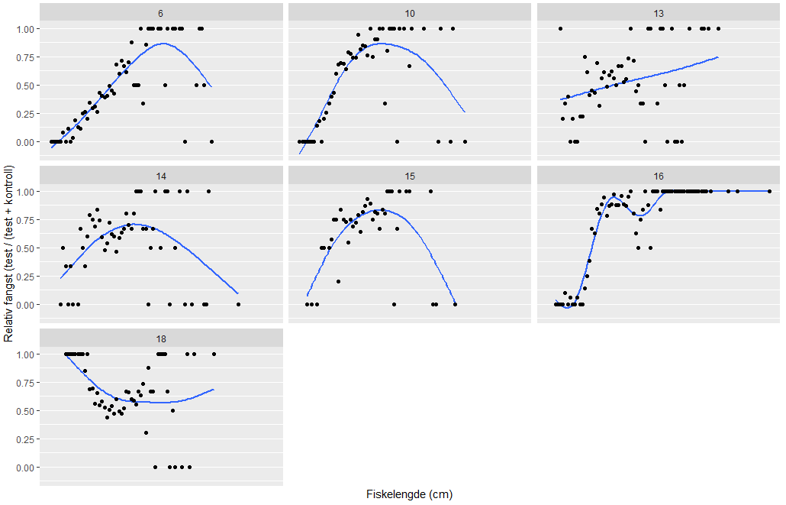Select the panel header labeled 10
tap(410, 14)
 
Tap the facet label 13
tap(659, 14)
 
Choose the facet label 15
tap(410, 176)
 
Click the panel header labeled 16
tap(659, 176)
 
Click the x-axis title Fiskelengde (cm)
tap(409, 494)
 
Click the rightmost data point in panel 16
tap(769, 191)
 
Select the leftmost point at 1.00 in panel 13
tap(560, 29)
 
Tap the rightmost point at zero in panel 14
tap(238, 304)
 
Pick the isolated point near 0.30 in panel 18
tap(146, 433)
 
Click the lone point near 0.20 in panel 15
tap(338, 281)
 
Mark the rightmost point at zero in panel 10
tap(464, 141)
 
